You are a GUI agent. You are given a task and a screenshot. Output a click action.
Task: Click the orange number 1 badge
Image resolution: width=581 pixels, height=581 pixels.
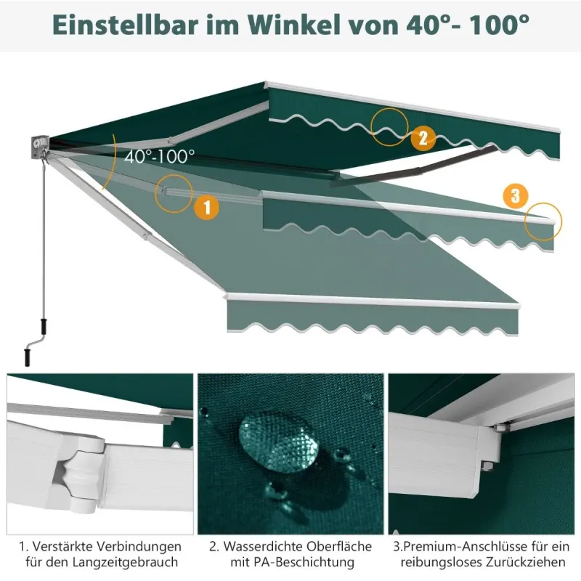pos(207,207)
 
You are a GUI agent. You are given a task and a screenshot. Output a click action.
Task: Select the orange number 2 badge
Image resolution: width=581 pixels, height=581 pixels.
pos(423,138)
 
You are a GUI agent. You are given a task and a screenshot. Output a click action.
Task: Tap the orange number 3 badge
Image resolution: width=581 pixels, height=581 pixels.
pos(516,195)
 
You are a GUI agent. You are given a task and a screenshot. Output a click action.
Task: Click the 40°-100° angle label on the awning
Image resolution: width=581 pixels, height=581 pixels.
pos(159,156)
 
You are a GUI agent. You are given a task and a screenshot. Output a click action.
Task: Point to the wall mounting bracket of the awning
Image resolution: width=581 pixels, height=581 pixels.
pos(40,147)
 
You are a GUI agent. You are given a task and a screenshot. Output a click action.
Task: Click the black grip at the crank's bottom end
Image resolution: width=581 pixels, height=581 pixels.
pos(27,357)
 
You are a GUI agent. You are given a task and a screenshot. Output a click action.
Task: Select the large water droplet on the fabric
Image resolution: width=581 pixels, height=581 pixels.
pos(278,441)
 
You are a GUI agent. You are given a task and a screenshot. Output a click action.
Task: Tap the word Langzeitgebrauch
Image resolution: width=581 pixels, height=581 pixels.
pos(125,561)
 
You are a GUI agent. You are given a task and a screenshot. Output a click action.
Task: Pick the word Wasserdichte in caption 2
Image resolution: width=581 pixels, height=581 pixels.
pos(262,546)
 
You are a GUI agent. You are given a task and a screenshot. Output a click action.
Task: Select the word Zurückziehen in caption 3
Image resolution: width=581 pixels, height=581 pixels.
pos(526,561)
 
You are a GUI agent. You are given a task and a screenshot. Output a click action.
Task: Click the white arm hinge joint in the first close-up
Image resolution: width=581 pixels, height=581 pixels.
pos(80,474)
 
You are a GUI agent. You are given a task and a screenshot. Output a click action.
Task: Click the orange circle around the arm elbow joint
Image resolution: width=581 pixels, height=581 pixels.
pos(155,194)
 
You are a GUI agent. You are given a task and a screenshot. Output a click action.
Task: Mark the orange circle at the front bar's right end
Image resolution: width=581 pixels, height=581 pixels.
pos(561,222)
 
